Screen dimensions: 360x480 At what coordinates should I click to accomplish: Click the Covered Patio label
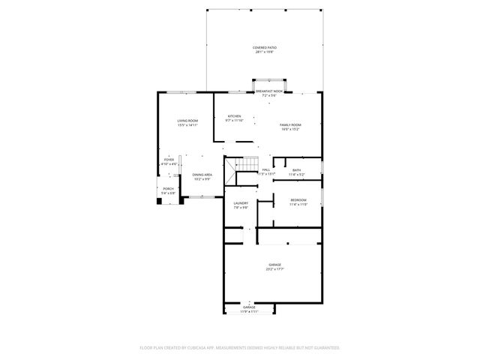point(264,47)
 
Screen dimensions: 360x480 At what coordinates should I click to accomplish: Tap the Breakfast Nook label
point(269,91)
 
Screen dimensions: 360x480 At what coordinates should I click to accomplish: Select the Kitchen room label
point(235,116)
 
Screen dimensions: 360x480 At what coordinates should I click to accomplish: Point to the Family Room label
point(290,124)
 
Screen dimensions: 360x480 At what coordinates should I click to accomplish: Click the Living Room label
point(187,121)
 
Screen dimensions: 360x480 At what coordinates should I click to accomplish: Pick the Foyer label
point(169,159)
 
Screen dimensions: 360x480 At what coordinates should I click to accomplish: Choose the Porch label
point(168,189)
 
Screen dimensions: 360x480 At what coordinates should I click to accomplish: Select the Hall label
point(266,170)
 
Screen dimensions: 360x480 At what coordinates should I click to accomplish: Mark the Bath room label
point(297,170)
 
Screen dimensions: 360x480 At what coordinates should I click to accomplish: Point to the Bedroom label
point(298,200)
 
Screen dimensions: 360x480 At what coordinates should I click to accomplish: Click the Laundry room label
point(241,203)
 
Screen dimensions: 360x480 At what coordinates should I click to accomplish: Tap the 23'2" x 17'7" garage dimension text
point(275,270)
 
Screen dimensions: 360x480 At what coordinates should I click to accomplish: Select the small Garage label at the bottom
point(249,307)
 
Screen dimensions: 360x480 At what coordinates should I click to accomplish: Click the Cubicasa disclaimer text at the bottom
point(240,347)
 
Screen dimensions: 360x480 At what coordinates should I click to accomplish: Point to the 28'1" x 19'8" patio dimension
point(264,52)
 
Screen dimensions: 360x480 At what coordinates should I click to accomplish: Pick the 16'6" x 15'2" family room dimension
point(290,129)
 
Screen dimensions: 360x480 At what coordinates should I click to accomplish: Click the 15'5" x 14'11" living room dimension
point(187,126)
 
